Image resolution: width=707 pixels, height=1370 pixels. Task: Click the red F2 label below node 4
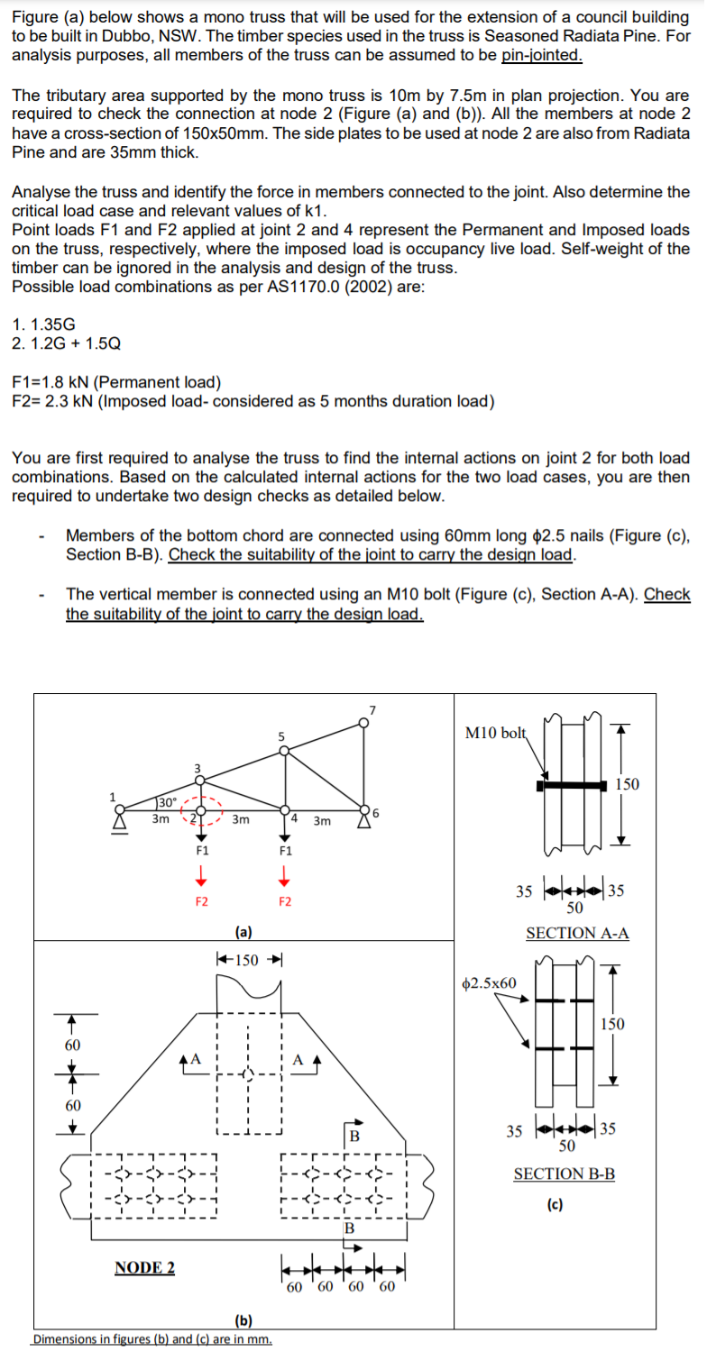pyautogui.click(x=285, y=901)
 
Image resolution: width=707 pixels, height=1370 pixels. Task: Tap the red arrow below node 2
pyautogui.click(x=203, y=875)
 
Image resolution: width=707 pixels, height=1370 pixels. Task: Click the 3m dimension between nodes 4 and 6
pyautogui.click(x=322, y=820)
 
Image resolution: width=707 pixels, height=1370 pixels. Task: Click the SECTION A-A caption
pyautogui.click(x=577, y=933)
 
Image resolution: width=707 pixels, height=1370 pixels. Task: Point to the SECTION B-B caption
pyautogui.click(x=565, y=1173)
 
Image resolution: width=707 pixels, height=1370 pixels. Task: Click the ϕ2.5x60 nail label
pyautogui.click(x=489, y=982)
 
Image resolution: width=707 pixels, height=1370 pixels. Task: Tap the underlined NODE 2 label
pyautogui.click(x=145, y=1267)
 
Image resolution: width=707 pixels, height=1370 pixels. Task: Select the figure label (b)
pyautogui.click(x=243, y=1320)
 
